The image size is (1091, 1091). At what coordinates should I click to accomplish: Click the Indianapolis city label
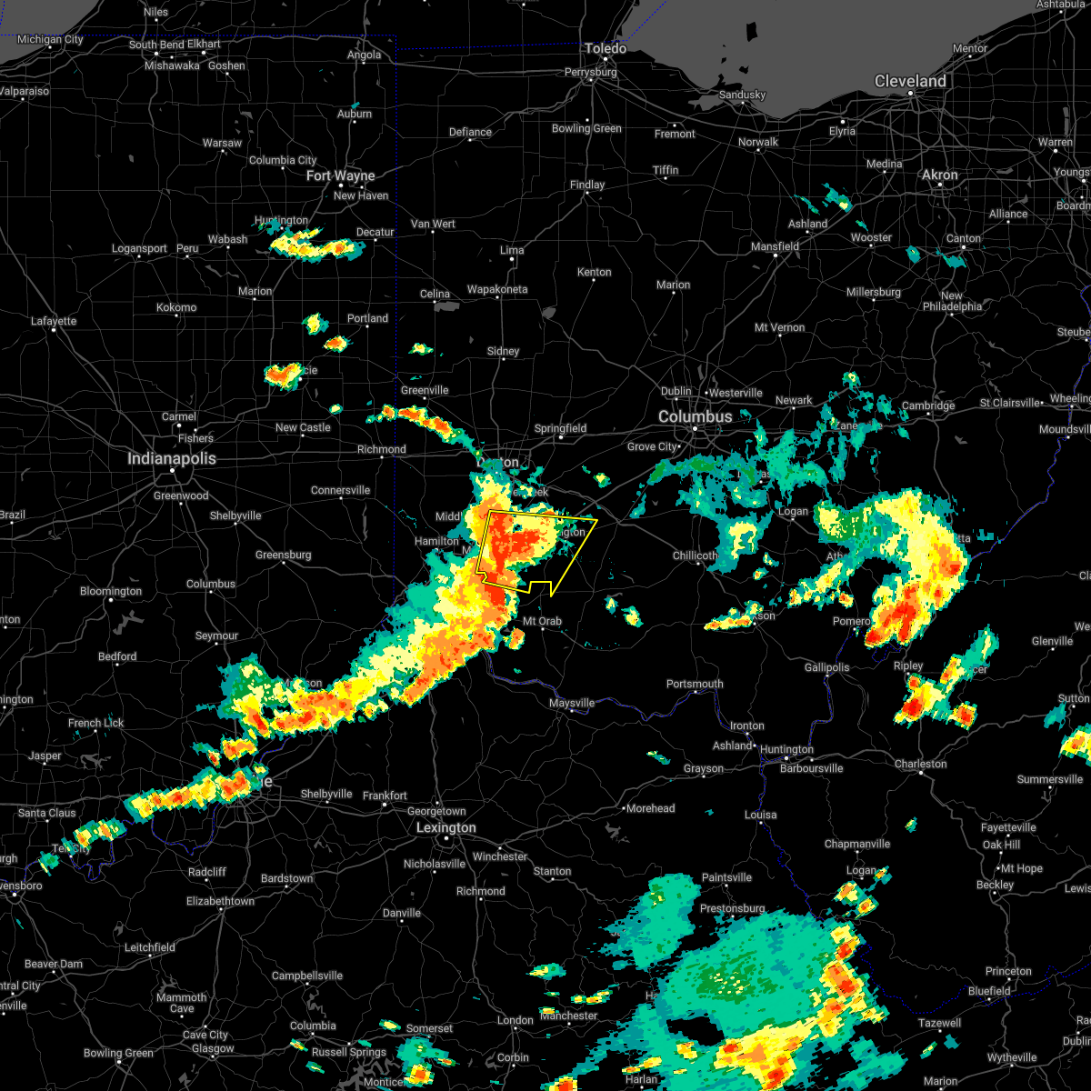pos(172,459)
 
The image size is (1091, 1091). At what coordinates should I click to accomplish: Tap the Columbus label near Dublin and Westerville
pos(696,416)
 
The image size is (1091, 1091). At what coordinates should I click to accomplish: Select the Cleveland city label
pos(910,81)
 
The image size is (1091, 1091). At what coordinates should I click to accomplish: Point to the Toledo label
pos(606,48)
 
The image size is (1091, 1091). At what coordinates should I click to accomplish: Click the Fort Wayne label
pos(341,175)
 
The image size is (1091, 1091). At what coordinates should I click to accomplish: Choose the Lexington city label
pos(445,828)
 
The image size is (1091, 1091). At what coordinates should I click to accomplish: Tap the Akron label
pos(940,175)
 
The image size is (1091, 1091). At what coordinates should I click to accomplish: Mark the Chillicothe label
pos(696,556)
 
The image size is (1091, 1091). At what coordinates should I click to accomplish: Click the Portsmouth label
pos(695,684)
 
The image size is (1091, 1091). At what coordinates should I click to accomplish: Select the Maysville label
pos(572,703)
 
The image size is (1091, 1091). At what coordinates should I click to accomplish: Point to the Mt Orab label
pos(542,622)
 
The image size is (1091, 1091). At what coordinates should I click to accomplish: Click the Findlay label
pos(587,185)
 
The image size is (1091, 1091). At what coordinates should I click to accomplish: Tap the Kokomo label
pos(176,307)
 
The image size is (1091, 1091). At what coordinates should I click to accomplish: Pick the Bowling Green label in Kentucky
pos(118,1054)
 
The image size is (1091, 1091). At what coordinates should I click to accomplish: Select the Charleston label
pos(921,764)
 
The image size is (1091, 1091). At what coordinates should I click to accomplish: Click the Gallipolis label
pos(826,667)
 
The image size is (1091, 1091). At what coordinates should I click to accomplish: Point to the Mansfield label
pos(775,246)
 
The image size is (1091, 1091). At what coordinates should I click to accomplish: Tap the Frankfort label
pos(385,796)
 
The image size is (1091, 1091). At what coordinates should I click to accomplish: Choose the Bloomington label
pos(110,591)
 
